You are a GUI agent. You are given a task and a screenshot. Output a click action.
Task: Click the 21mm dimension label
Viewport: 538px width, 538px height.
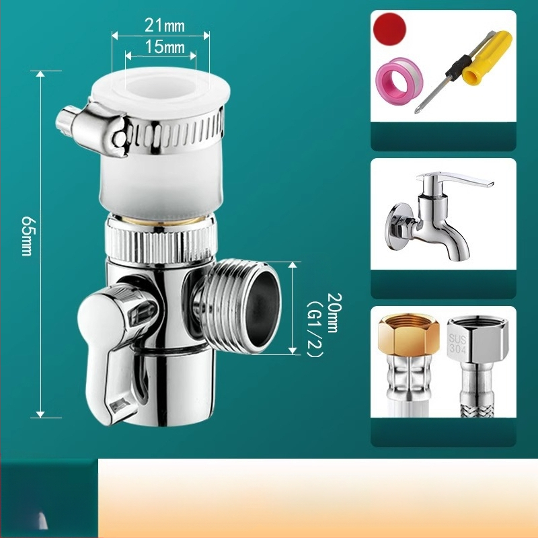point(164,26)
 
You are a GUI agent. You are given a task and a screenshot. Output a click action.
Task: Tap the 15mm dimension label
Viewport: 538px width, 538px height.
point(165,46)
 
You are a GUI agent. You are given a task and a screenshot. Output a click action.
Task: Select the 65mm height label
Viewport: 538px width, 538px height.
point(27,236)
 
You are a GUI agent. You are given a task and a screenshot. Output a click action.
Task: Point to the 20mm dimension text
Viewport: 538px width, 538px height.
point(333,313)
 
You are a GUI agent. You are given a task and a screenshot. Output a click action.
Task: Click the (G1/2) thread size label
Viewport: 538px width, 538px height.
point(315,330)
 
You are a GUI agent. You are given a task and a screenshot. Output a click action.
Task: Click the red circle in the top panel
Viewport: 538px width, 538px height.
point(390,29)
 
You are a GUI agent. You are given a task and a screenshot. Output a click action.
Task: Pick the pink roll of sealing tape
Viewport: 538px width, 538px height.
point(399,83)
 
